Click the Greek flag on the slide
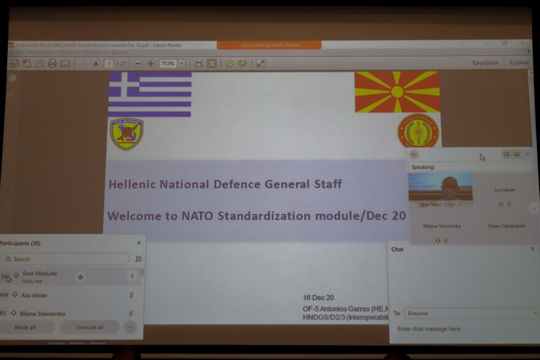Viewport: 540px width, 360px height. pos(150,94)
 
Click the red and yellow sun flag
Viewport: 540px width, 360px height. pos(397,91)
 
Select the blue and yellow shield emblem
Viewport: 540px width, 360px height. pos(126,134)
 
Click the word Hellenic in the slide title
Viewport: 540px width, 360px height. pos(132,184)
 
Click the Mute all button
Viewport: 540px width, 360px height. pos(25,327)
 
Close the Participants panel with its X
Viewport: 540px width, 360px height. pos(139,243)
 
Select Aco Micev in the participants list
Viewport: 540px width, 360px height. pos(34,295)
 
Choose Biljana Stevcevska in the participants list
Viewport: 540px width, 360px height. pos(42,313)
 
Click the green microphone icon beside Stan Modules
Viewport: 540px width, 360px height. pos(131,277)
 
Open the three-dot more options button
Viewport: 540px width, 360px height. pos(129,327)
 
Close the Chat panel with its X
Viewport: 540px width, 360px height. pos(532,249)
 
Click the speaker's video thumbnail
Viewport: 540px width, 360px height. pos(441,187)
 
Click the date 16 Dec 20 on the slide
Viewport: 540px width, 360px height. pos(318,297)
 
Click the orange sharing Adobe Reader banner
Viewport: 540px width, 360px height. pos(269,45)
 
